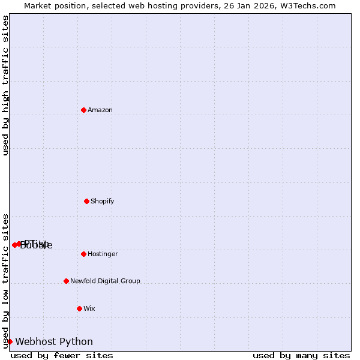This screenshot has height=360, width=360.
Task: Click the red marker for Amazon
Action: (x=83, y=110)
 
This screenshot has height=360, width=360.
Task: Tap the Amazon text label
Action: (x=100, y=110)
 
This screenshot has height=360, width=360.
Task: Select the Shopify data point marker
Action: (x=86, y=201)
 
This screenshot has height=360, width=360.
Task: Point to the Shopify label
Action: (x=103, y=201)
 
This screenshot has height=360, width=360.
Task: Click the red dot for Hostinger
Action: (x=83, y=254)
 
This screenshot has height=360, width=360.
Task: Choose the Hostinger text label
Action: (x=103, y=254)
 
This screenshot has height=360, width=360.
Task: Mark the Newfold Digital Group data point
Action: (x=66, y=281)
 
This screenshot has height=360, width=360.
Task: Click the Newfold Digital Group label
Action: (x=105, y=281)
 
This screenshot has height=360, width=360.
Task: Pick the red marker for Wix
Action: (x=79, y=308)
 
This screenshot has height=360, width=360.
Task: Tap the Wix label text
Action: (x=89, y=308)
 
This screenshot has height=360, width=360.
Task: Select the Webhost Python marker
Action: (x=10, y=341)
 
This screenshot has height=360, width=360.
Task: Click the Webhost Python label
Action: (x=54, y=341)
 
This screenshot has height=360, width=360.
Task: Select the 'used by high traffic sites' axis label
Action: (x=5, y=85)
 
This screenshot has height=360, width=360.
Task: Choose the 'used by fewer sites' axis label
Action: (x=62, y=356)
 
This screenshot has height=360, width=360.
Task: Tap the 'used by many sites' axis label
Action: (x=301, y=356)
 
